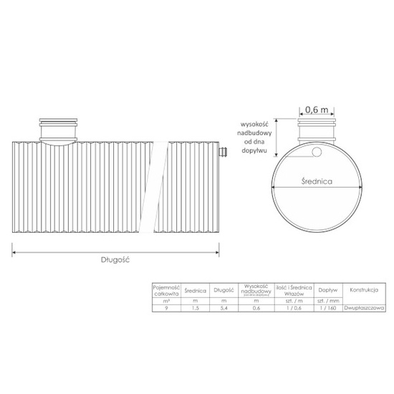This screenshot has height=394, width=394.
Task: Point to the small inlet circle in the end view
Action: click(315, 151)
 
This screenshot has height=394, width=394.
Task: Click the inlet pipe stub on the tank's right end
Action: click(222, 152)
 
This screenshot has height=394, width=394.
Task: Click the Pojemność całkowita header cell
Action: click(167, 289)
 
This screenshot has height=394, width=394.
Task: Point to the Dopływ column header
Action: click(328, 291)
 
